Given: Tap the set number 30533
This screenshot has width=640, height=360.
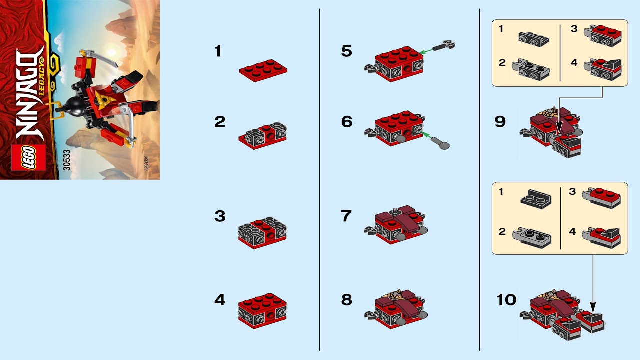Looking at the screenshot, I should [x=67, y=159].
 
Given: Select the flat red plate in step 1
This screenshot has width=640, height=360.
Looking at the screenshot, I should [x=263, y=70].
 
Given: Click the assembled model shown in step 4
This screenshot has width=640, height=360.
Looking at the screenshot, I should [x=262, y=310].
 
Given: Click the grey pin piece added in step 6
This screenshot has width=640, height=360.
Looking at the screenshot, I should [x=440, y=144].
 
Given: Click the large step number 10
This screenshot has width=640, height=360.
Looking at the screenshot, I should [x=506, y=300].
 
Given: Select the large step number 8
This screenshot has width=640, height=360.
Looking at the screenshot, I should [x=346, y=300].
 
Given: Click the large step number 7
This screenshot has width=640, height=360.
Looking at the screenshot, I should [x=346, y=216].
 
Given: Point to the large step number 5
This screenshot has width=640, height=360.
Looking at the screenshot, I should [x=346, y=51].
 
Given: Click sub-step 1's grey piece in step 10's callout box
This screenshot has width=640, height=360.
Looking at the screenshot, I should [x=536, y=200].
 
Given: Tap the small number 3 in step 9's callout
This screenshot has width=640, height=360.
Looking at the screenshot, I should [x=574, y=29].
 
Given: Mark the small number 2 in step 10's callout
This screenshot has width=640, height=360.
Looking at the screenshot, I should [x=502, y=232].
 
